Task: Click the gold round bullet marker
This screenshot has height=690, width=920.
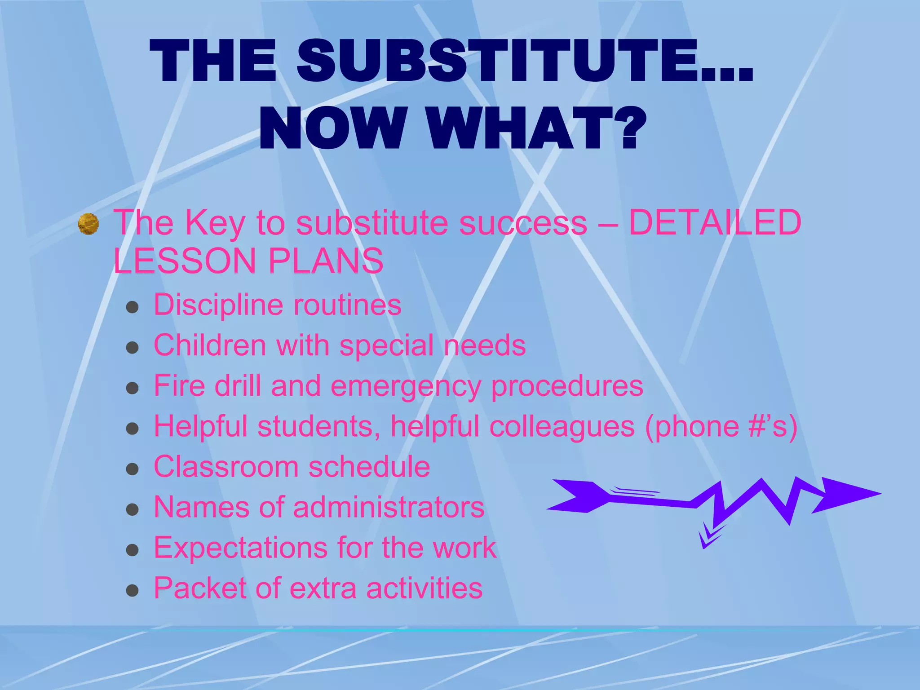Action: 88,224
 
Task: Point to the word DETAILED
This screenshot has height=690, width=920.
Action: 715,222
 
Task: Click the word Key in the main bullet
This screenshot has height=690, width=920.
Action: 215,223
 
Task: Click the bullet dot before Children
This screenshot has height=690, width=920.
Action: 132,347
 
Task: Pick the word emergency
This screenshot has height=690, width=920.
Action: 406,386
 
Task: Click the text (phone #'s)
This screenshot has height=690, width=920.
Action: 721,426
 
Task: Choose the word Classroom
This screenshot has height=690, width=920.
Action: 226,467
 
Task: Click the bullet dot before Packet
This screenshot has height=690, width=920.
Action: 132,590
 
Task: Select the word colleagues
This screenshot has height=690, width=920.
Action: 562,426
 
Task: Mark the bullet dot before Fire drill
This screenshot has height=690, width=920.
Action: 132,388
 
